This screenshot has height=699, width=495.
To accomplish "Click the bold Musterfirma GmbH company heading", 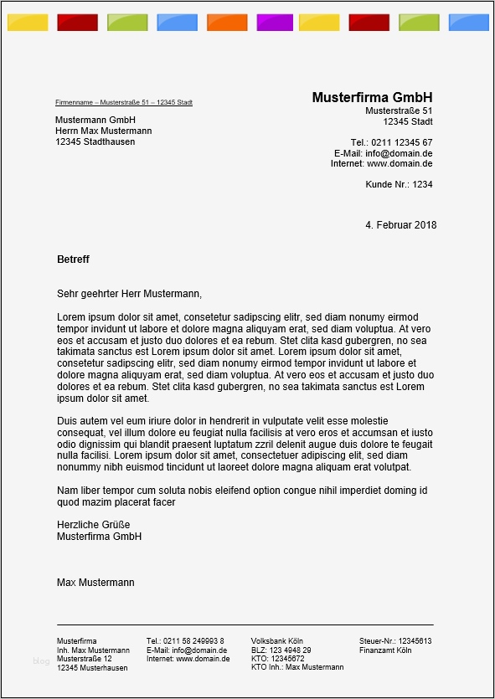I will click(372, 97).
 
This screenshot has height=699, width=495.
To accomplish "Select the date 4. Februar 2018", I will click(400, 225).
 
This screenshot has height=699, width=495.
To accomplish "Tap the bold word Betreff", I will click(73, 260).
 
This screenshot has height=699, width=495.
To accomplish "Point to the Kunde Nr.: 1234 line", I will click(399, 184).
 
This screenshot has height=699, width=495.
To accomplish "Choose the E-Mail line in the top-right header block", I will click(383, 153).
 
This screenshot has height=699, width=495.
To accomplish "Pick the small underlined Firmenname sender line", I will click(124, 102).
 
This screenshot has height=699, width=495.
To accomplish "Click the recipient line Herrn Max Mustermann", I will click(103, 131).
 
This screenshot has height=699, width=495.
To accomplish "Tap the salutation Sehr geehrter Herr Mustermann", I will click(129, 294).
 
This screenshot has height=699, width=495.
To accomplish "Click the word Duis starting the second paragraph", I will click(68, 420).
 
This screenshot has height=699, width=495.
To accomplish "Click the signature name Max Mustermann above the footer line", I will click(95, 582).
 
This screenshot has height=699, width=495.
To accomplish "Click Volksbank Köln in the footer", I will click(276, 641).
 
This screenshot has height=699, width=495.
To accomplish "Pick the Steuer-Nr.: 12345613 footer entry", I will click(394, 641).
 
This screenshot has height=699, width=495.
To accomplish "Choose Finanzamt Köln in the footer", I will click(385, 650).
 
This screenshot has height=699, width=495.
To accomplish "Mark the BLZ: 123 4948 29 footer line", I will click(281, 650).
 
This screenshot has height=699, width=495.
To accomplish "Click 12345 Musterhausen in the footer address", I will click(92, 668).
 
